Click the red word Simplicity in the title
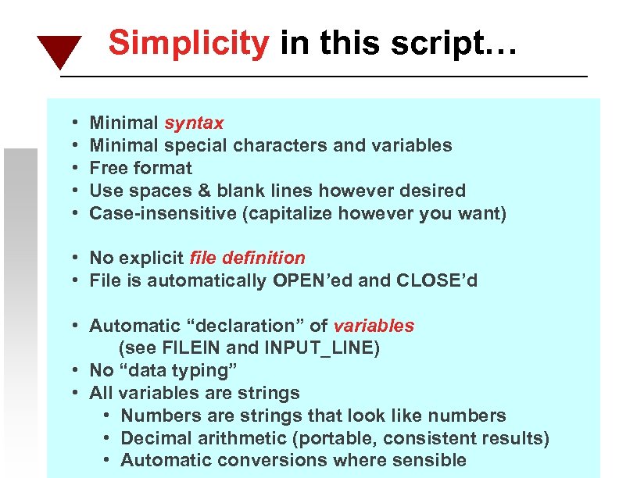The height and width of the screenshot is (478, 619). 188,43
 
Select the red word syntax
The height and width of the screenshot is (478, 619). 194,123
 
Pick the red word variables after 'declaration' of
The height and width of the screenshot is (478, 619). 374,326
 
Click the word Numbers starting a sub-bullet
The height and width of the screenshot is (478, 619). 156,416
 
